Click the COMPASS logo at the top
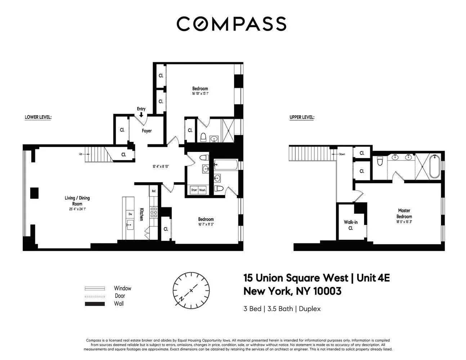click(231, 24)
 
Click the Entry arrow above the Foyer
click(141, 114)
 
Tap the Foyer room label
click(147, 131)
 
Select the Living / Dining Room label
click(77, 201)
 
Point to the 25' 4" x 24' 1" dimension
click(77, 209)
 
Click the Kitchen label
click(142, 214)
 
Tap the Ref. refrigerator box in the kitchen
click(153, 191)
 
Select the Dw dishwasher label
click(130, 214)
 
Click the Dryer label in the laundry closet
click(194, 190)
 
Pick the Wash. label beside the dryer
click(202, 190)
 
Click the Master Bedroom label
click(404, 213)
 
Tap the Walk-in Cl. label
click(350, 225)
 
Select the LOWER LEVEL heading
click(38, 117)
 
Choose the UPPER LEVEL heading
click(302, 117)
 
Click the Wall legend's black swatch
click(94, 304)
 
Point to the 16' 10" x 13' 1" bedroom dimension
click(200, 94)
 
